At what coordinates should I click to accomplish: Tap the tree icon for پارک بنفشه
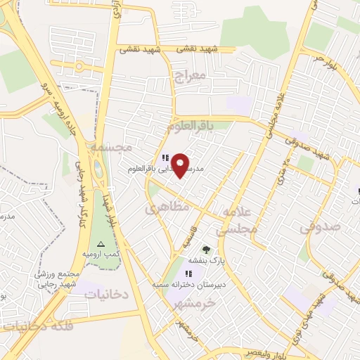point(206,249)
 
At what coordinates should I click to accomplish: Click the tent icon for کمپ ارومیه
point(100,244)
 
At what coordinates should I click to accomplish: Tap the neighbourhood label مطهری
point(167,207)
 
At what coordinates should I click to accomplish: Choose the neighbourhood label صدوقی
point(319,227)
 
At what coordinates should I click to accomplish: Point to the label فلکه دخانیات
point(36,326)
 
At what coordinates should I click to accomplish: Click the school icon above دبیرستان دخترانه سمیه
point(188,274)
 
